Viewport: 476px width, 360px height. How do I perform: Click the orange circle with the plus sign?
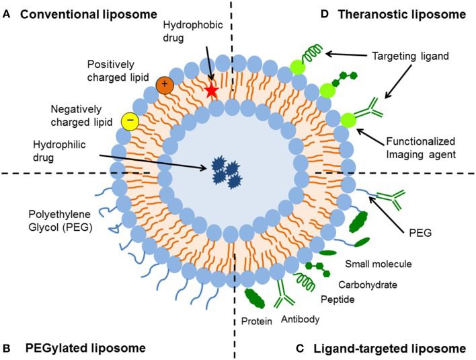(164, 85)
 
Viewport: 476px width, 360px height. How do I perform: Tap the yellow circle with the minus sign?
(129, 121)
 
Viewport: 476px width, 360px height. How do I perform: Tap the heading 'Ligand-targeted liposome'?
(389, 348)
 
